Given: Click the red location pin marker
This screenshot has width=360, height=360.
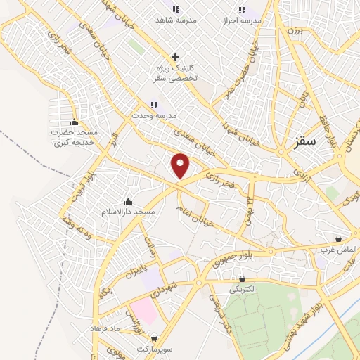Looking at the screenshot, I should click(181, 165).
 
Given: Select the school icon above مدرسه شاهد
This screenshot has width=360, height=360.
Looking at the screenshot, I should click(175, 9).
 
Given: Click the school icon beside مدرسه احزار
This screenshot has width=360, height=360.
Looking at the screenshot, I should click(243, 9).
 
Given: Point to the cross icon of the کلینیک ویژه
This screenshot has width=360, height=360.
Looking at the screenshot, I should click(175, 57).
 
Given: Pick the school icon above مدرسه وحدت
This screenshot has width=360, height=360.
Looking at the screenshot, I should click(154, 105).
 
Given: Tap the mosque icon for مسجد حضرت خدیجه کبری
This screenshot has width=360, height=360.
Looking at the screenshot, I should click(74, 122).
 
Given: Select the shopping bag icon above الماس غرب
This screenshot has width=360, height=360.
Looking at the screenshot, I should click(339, 239).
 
